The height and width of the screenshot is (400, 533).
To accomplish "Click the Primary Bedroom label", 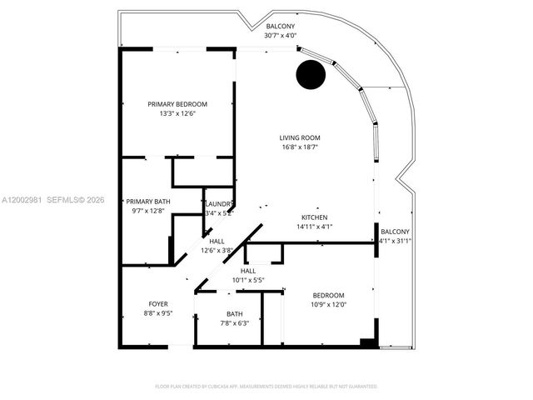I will click(x=177, y=104).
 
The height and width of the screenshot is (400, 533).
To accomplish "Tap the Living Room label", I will click(x=300, y=137).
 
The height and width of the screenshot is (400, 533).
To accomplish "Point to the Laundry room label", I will click(x=219, y=204).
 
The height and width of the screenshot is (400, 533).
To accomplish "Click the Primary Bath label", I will click(x=148, y=201).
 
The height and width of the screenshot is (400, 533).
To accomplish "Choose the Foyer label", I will click(x=158, y=304).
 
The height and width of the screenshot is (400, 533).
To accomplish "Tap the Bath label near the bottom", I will click(x=234, y=314).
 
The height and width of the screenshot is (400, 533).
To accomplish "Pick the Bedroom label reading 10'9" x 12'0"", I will click(x=328, y=296).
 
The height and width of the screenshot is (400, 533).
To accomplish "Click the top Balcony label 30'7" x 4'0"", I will click(x=280, y=27).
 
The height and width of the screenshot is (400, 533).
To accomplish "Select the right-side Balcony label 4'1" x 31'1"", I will click(x=396, y=232).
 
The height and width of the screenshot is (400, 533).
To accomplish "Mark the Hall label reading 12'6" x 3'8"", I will click(x=217, y=242).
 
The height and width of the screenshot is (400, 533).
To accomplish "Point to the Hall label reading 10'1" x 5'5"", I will click(x=248, y=271).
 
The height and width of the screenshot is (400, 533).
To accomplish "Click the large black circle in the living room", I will click(x=311, y=75).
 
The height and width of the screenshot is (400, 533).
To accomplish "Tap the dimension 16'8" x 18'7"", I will click(x=300, y=147).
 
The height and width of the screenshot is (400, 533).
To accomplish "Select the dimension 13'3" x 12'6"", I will click(x=177, y=114).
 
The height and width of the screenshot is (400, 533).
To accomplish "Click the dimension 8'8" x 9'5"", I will click(x=158, y=314).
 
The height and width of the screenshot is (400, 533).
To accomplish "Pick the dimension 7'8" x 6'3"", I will click(x=234, y=323).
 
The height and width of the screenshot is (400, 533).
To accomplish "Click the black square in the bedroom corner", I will click(x=366, y=342).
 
